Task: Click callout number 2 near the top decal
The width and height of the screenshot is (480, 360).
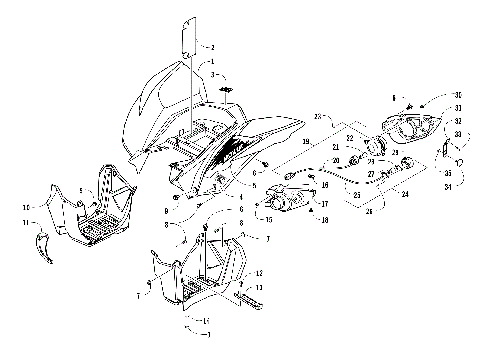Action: (212, 47)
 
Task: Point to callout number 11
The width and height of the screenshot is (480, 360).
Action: (41, 227)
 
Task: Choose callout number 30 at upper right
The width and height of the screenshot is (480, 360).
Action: (457, 94)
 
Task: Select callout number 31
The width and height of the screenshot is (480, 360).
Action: (457, 108)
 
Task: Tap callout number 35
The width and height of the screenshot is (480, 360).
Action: (448, 172)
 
